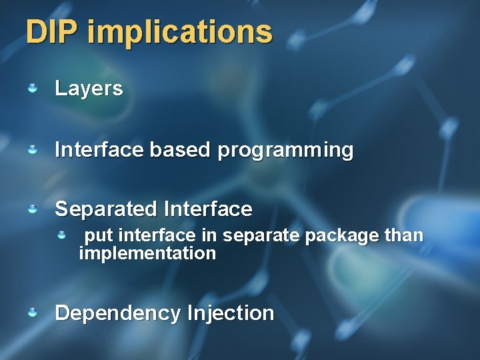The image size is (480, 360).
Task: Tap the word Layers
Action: tap(89, 89)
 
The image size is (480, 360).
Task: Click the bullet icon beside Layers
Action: tap(32, 88)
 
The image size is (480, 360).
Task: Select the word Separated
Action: tap(105, 209)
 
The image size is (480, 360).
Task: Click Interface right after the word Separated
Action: tap(207, 209)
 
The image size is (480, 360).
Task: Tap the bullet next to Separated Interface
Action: tap(32, 209)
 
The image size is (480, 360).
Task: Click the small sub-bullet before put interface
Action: tap(61, 235)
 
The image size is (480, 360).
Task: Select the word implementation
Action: tap(147, 253)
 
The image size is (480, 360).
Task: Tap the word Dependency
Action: tap(118, 313)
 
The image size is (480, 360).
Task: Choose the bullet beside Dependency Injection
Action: tap(32, 313)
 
